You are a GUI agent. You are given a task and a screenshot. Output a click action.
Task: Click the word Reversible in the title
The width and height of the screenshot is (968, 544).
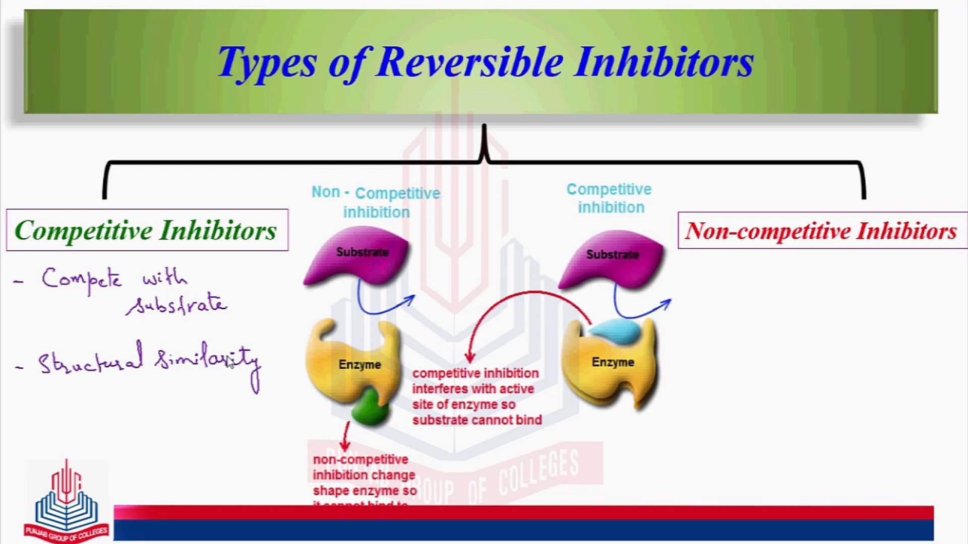pos(469,62)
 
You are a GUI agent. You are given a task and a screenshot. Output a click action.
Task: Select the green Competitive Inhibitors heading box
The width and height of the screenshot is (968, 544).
pos(147,230)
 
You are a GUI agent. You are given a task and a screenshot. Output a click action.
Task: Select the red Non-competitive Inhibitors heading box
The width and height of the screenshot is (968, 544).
pos(822,231)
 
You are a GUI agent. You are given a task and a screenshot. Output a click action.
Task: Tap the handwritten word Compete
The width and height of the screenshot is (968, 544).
pos(82,279)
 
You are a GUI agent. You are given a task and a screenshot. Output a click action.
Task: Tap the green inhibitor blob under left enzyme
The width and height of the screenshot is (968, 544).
pos(371,406)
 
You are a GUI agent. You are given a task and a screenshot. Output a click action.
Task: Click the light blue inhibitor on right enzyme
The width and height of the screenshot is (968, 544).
pos(615,331)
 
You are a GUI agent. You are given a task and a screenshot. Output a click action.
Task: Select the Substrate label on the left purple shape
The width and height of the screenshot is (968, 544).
pos(362,252)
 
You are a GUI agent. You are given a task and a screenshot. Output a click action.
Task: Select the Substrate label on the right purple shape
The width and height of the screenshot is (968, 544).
pos(612,254)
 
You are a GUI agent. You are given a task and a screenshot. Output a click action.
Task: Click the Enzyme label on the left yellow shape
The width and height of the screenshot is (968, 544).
pos(359,364)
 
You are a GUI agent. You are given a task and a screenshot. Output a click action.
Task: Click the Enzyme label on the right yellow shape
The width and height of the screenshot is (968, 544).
pos(613,362)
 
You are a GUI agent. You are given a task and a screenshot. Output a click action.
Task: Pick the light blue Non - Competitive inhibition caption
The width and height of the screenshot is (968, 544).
pos(376,202)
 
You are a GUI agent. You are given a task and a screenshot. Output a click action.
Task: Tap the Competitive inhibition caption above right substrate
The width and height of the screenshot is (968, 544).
pos(610,198)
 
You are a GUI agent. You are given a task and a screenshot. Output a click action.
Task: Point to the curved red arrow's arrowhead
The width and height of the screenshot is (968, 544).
pos(470,358)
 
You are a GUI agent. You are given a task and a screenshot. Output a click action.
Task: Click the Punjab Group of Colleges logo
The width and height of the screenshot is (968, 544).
pos(66,501)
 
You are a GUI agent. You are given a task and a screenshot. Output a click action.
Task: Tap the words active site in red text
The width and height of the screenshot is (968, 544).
pos(504,389)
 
